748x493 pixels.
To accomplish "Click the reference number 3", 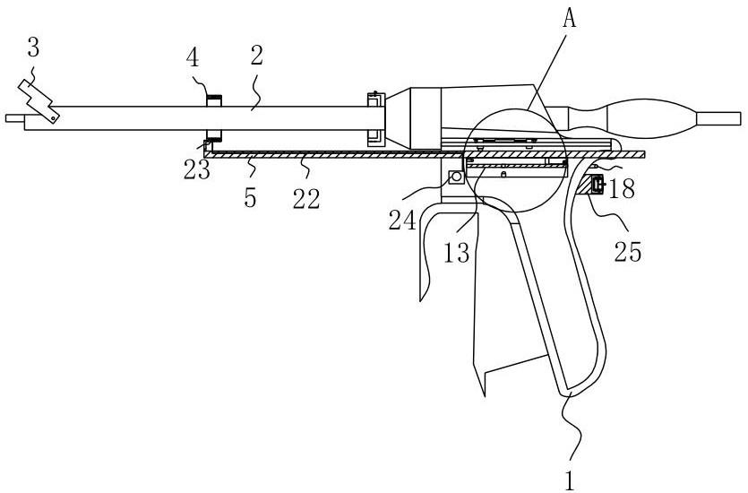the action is pyautogui.click(x=33, y=48).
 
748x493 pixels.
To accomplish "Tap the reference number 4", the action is pyautogui.click(x=193, y=58).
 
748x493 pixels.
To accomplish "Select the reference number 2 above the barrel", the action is pyautogui.click(x=256, y=56).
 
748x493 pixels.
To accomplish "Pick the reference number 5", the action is pyautogui.click(x=250, y=197).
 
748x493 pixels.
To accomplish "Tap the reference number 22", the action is pyautogui.click(x=306, y=198).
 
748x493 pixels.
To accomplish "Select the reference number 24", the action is pyautogui.click(x=402, y=220).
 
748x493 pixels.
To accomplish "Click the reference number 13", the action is pyautogui.click(x=457, y=252).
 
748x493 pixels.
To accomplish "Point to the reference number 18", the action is pyautogui.click(x=622, y=189).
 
